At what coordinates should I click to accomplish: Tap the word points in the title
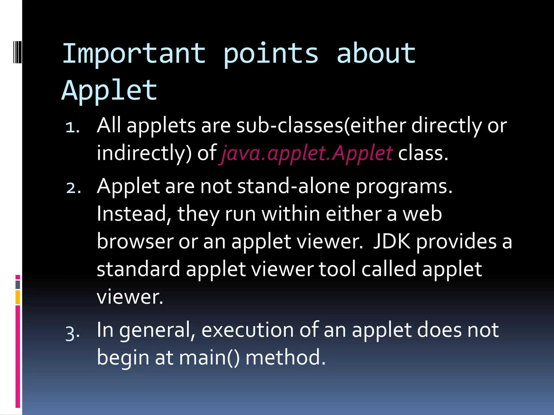(271, 54)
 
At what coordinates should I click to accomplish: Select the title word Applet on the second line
(110, 91)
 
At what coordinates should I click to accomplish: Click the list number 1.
(72, 127)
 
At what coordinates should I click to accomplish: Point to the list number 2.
(73, 188)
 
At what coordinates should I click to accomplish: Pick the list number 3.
(72, 333)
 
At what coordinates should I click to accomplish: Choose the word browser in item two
(135, 241)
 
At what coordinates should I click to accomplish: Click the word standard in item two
(138, 269)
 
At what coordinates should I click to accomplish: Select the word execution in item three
(247, 330)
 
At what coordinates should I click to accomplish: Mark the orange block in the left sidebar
(18, 297)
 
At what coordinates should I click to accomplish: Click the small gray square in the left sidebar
(18, 285)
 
